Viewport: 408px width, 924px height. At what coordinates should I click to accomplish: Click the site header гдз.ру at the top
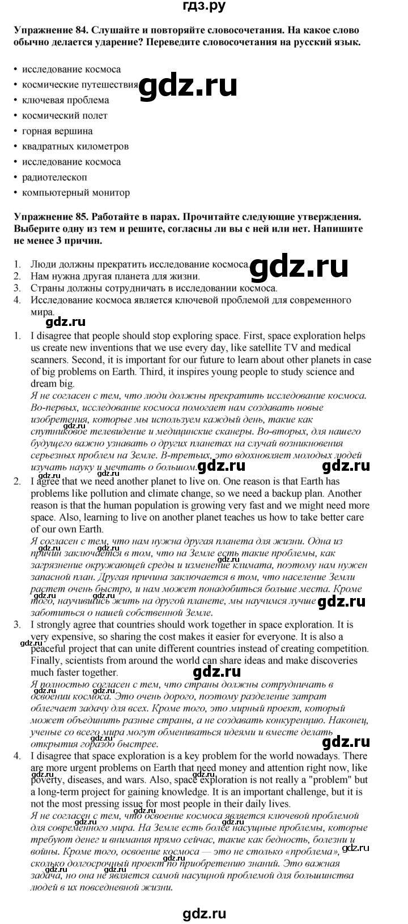point(203,7)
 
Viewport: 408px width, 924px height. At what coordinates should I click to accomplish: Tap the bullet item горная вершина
point(57,131)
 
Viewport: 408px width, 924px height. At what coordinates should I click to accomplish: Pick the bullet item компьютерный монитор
point(76,192)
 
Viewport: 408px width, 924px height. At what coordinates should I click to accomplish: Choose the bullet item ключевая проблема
point(66,100)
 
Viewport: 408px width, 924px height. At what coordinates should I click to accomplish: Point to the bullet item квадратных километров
point(75,146)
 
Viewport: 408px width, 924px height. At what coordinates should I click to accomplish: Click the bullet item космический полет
point(65,115)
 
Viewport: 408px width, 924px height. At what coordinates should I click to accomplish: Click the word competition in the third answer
point(342,648)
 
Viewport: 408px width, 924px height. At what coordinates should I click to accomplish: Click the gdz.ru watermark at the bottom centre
point(204,913)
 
